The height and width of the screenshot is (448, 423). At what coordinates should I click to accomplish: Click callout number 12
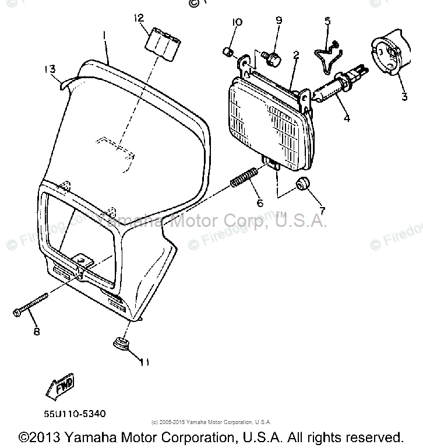tap(138, 18)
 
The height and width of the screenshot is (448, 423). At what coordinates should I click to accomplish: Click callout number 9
tap(279, 20)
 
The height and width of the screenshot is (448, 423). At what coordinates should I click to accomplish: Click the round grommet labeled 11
tap(121, 342)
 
